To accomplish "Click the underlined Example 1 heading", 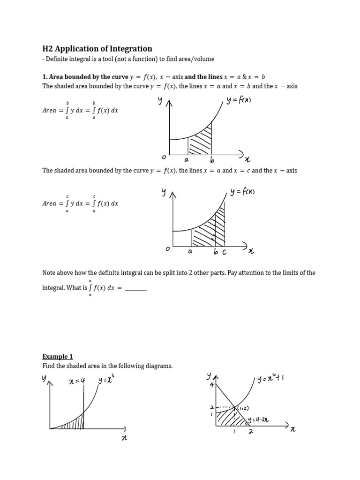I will click(x=58, y=356).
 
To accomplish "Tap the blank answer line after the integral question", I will click(x=136, y=288).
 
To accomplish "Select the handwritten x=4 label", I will click(x=76, y=381).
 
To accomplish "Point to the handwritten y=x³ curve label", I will click(x=106, y=380).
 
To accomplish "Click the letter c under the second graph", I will click(x=224, y=252).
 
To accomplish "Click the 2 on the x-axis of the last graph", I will click(x=251, y=432).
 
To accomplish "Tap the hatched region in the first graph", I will click(x=200, y=141).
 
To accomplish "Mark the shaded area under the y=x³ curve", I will click(x=75, y=423).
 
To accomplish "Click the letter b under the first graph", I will click(x=212, y=161).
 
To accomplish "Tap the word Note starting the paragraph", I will click(x=50, y=273).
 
